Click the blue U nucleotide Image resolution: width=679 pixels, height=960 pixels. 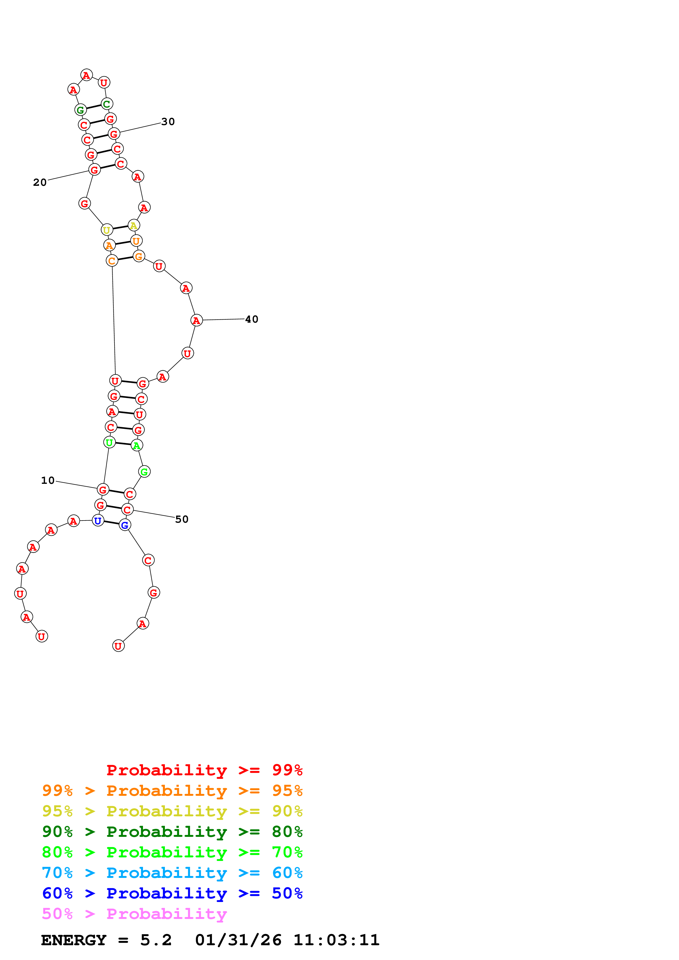point(98,521)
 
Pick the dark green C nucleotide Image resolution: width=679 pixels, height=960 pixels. point(107,104)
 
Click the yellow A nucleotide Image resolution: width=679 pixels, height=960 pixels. point(133,225)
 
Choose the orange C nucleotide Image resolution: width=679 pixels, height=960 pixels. point(112,261)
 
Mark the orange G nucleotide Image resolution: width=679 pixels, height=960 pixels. point(139,256)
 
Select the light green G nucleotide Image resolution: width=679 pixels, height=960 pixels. point(144,472)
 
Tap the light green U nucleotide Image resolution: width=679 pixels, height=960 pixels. point(109,442)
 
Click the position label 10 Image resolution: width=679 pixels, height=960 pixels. point(48,481)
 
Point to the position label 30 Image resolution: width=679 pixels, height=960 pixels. point(168,122)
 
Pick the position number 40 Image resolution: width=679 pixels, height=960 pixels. point(251,319)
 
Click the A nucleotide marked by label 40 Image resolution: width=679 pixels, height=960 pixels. point(196,320)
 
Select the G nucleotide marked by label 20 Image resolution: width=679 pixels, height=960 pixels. point(94,170)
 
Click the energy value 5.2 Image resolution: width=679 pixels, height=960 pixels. point(156,940)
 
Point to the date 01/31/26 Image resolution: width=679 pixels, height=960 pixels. point(238,940)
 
